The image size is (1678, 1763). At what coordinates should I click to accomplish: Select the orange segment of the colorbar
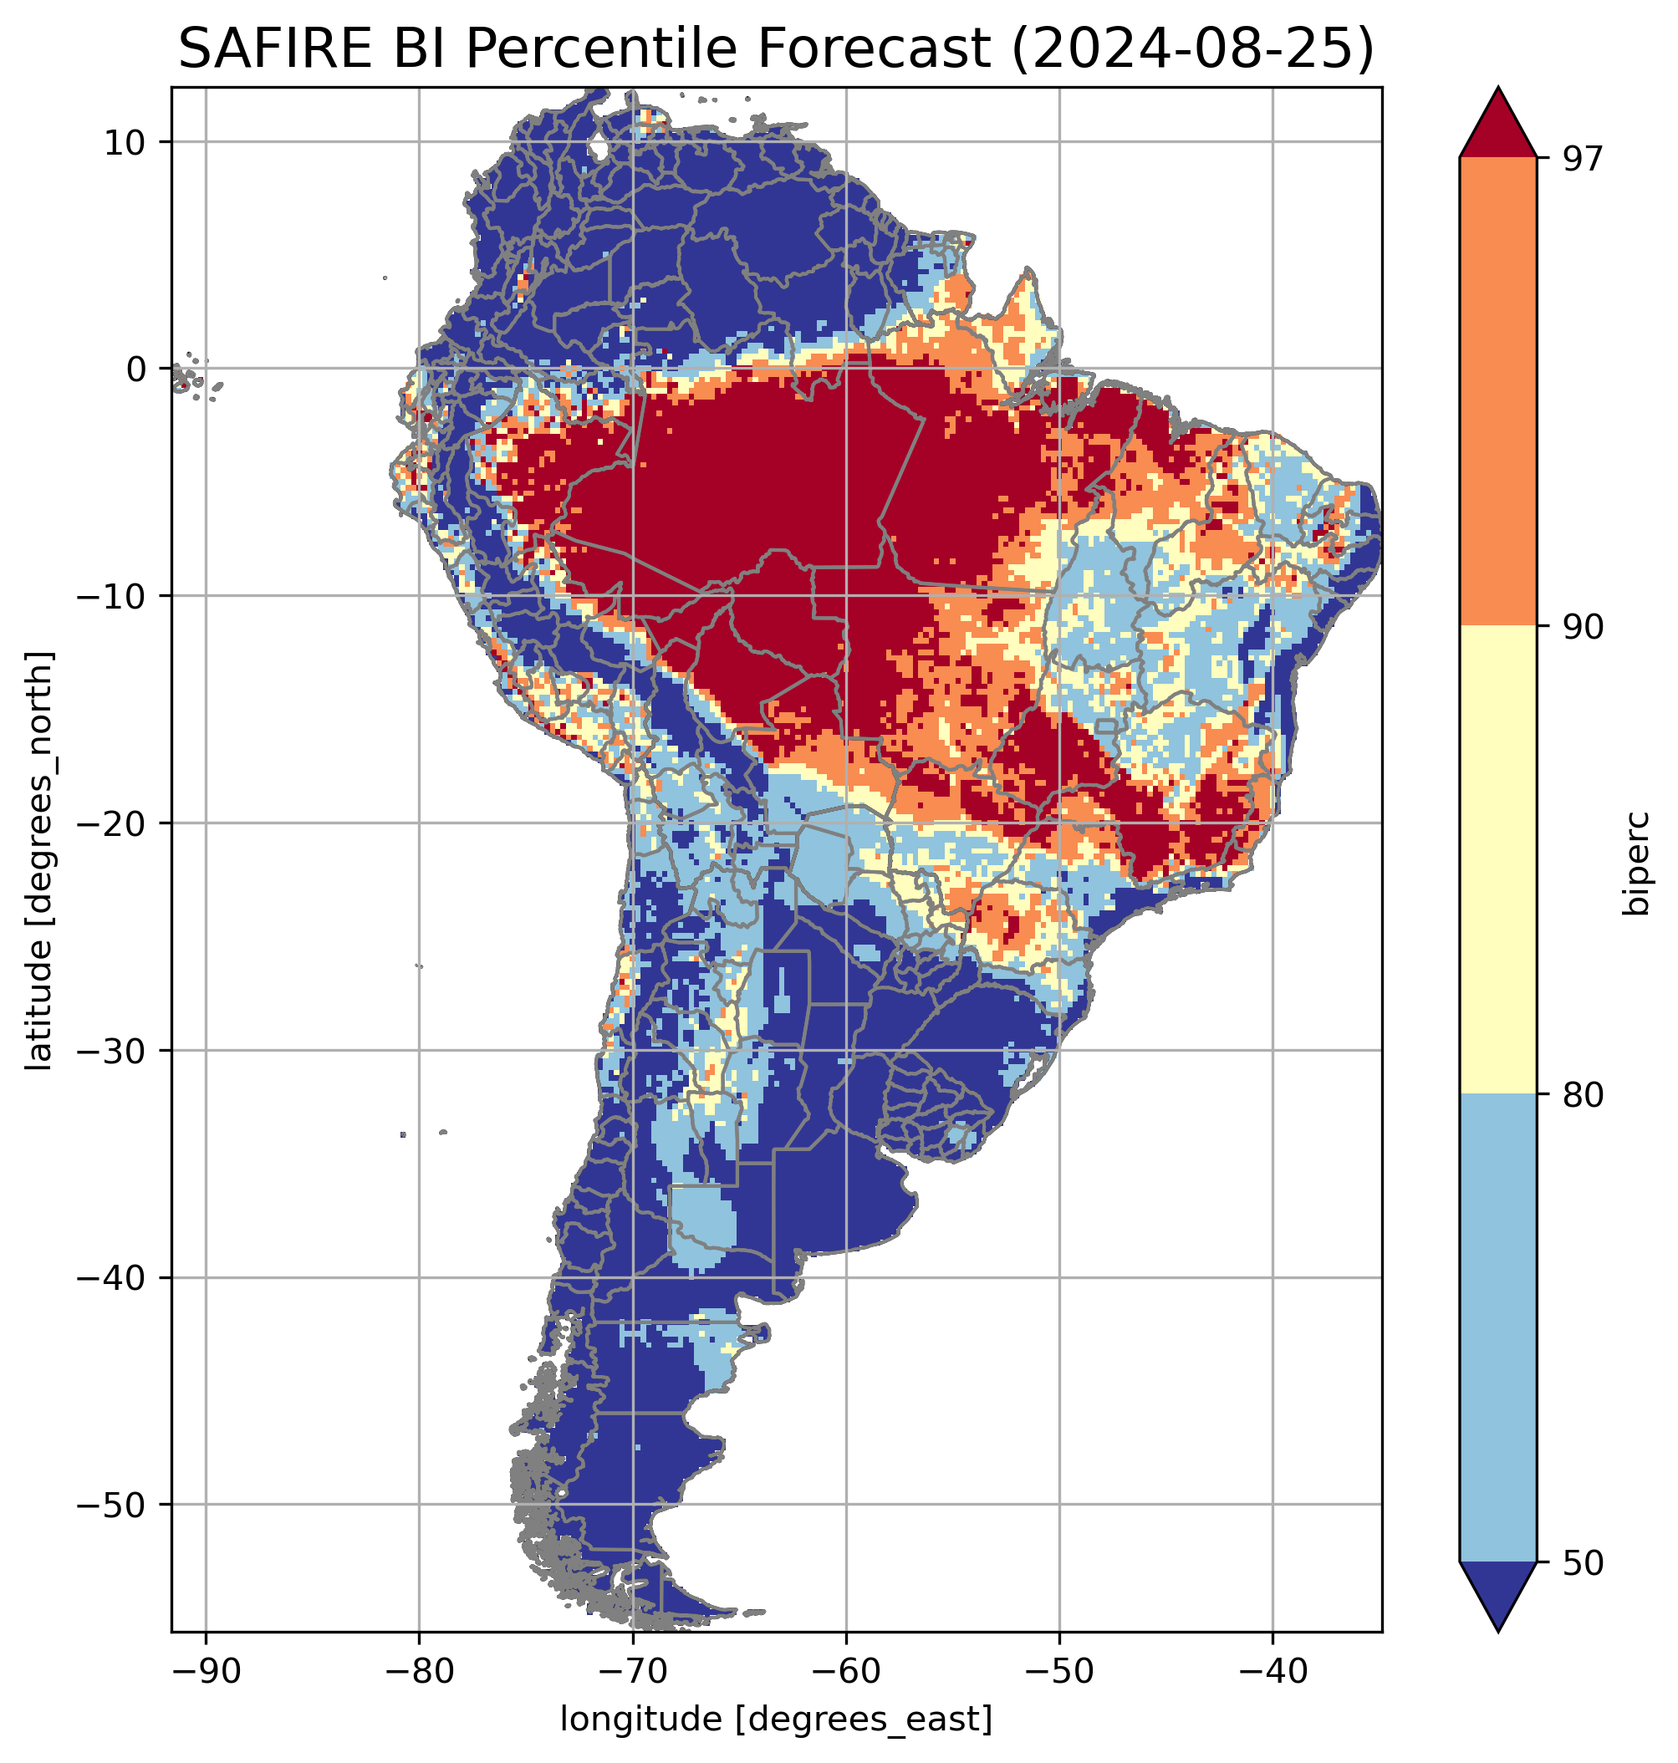(x=1497, y=392)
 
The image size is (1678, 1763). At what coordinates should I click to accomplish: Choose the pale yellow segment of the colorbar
(x=1497, y=859)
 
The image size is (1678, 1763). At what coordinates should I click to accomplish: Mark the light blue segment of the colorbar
(x=1497, y=1328)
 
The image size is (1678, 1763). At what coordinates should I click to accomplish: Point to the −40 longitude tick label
(x=1273, y=1670)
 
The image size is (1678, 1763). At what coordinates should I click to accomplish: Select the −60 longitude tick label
(x=845, y=1670)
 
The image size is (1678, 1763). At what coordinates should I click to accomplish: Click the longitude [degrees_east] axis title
(x=776, y=1720)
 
